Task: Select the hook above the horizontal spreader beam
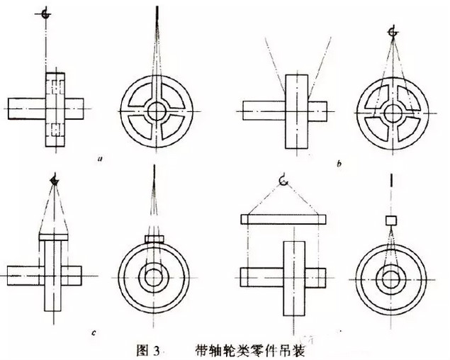(x=283, y=182)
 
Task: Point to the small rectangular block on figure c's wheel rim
(x=154, y=238)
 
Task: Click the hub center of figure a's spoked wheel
(x=155, y=111)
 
